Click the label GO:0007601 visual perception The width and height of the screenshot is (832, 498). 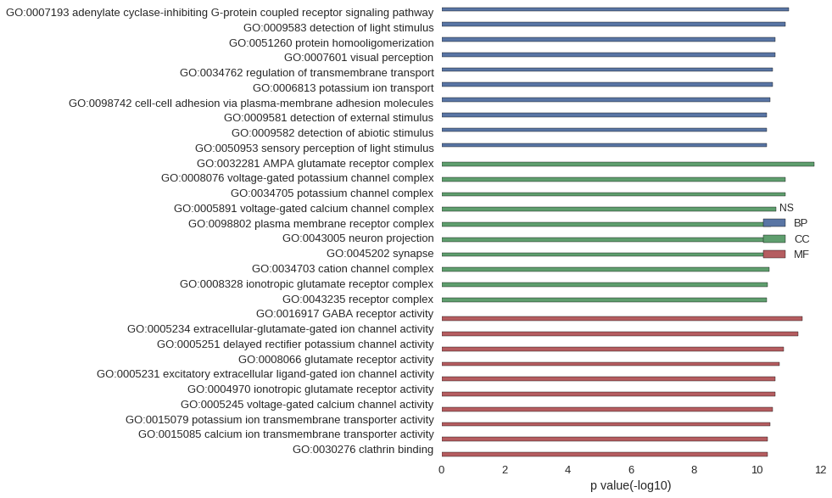(358, 58)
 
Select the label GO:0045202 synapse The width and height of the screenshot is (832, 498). (380, 254)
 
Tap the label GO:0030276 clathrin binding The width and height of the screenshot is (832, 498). (363, 450)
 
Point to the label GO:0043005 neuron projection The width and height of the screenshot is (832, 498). (358, 238)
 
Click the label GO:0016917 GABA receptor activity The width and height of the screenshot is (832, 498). (344, 314)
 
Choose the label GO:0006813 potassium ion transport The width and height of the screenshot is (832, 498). (343, 88)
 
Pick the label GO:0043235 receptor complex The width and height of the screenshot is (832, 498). (358, 299)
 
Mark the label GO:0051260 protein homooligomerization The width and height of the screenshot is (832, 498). (331, 43)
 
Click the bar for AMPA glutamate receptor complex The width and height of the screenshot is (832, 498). (628, 164)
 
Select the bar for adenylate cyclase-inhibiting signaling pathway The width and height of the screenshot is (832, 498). (615, 9)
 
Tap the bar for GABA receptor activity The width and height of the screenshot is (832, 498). (622, 319)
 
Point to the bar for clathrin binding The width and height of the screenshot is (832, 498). (604, 455)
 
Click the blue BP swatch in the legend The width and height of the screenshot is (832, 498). (773, 223)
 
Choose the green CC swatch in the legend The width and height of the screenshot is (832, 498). (773, 239)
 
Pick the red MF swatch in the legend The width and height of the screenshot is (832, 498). (773, 255)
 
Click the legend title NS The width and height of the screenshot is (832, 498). (786, 208)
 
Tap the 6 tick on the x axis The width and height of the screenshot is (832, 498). (631, 470)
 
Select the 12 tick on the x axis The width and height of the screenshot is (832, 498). (820, 470)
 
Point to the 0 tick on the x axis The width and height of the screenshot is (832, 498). (441, 470)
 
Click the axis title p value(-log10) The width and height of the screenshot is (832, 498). (630, 486)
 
